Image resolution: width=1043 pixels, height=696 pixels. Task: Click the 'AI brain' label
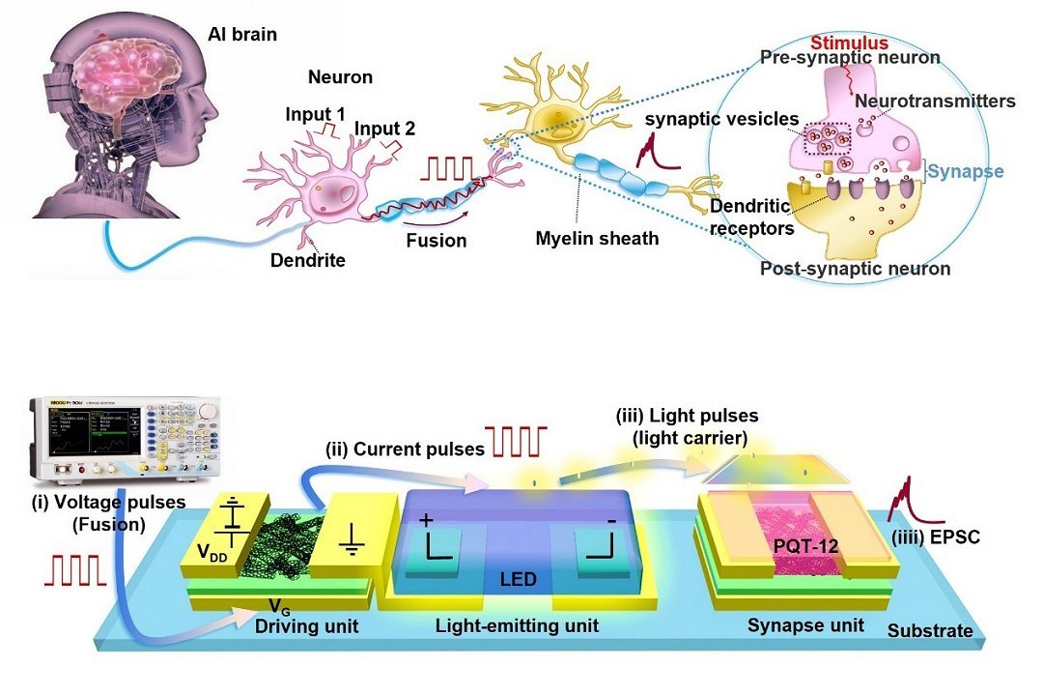click(x=242, y=36)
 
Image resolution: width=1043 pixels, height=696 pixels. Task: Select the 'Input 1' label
click(x=315, y=114)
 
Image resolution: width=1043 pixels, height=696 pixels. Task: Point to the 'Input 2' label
click(x=382, y=130)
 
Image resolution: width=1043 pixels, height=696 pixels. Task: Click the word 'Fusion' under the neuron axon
click(x=437, y=241)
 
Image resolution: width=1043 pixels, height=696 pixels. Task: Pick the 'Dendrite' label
click(x=307, y=260)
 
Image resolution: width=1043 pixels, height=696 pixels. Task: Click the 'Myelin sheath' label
click(x=597, y=238)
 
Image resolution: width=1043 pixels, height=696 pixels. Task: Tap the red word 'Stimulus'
click(x=849, y=43)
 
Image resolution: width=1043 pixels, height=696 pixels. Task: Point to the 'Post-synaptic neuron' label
click(x=856, y=269)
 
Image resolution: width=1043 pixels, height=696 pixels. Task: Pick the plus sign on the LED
click(x=426, y=519)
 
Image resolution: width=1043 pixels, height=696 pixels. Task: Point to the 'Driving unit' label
click(x=307, y=625)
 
